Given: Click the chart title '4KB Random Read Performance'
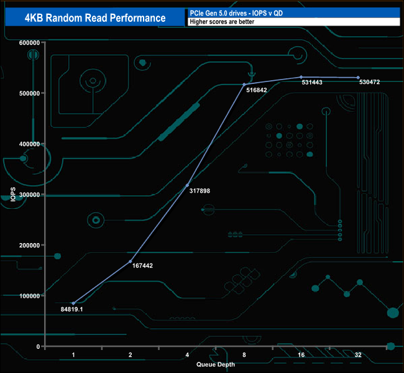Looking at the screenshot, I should point(95,17).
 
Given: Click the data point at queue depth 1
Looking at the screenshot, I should point(73,303).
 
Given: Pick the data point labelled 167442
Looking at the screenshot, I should point(131,262).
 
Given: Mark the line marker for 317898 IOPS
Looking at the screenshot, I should point(187,185).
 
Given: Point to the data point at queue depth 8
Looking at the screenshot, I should point(244,85).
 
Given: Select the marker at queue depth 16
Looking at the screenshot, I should point(301,77).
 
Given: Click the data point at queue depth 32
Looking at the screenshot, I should point(358,78).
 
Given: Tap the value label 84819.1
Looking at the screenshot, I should point(72,309).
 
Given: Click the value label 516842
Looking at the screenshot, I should point(257,90).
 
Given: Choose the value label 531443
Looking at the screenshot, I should point(312,82).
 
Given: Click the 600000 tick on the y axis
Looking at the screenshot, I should point(29,43).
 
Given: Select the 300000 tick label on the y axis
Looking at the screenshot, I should point(29,195).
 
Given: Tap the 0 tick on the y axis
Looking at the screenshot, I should point(38,346).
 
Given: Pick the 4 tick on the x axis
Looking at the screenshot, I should point(187,355).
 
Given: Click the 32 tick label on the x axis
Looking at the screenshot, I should point(358,355).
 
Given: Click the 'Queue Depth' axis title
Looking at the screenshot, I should point(216,364).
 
